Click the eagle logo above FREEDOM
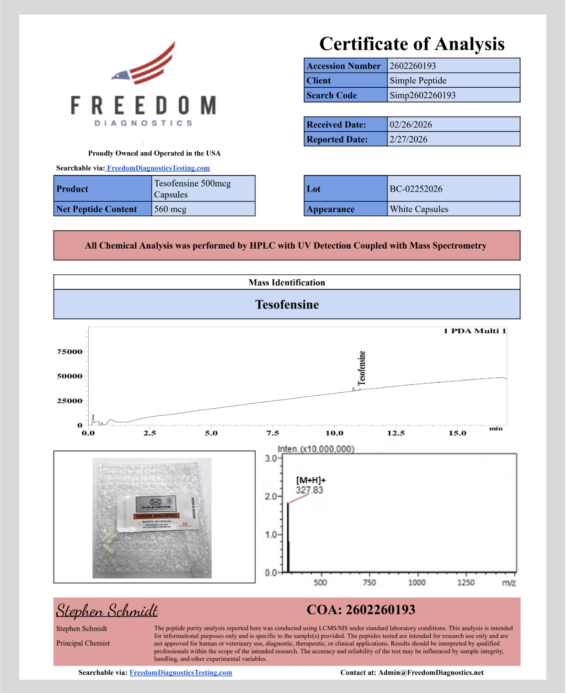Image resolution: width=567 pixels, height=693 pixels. pyautogui.click(x=144, y=64)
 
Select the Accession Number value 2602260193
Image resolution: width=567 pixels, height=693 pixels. pyautogui.click(x=412, y=66)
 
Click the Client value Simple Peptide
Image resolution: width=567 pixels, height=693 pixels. pyautogui.click(x=417, y=80)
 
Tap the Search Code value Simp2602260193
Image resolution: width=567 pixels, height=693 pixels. pyautogui.click(x=422, y=95)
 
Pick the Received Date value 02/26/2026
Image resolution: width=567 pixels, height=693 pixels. pyautogui.click(x=410, y=125)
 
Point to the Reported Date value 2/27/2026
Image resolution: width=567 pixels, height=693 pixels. pyautogui.click(x=408, y=139)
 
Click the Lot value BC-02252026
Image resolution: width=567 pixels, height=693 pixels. pyautogui.click(x=416, y=189)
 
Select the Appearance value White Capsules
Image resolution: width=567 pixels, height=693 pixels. pyautogui.click(x=418, y=209)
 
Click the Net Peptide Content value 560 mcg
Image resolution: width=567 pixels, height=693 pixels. pyautogui.click(x=170, y=209)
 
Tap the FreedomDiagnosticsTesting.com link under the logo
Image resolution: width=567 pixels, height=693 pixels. pyautogui.click(x=158, y=168)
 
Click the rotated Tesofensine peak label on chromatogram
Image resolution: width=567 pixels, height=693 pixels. pyautogui.click(x=362, y=368)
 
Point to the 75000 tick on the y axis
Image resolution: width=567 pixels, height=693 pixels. pyautogui.click(x=70, y=352)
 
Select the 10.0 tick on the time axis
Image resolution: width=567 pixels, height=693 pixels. pyautogui.click(x=334, y=433)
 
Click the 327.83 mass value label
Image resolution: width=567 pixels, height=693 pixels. pyautogui.click(x=309, y=490)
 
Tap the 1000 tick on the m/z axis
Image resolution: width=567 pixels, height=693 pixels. pyautogui.click(x=417, y=582)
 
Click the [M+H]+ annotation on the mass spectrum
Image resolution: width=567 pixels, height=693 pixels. pyautogui.click(x=311, y=480)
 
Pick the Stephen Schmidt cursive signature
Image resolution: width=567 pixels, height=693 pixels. pyautogui.click(x=107, y=611)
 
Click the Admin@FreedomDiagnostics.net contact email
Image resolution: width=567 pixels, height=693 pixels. pyautogui.click(x=431, y=672)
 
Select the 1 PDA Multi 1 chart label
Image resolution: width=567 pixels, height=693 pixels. pyautogui.click(x=474, y=331)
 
